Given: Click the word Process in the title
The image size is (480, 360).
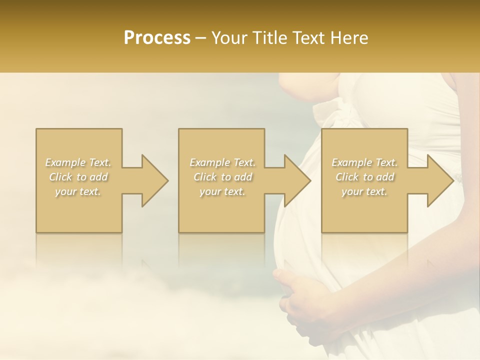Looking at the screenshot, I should (157, 38).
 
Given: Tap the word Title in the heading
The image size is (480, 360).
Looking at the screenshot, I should (268, 38).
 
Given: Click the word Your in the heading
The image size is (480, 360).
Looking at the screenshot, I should (230, 38).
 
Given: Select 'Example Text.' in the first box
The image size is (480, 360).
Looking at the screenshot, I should (78, 162).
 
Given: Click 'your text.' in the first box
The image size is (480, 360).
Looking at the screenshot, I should (78, 191).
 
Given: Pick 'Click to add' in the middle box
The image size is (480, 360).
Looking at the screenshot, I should (222, 177).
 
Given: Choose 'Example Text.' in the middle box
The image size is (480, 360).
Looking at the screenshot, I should (222, 162).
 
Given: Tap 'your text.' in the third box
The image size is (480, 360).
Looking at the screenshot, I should (364, 191).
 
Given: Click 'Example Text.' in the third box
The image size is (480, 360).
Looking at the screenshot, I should (364, 162).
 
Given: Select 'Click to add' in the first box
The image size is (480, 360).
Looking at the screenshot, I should (78, 177).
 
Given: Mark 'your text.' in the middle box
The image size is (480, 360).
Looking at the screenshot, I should (222, 191).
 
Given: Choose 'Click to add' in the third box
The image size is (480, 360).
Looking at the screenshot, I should (364, 177).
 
